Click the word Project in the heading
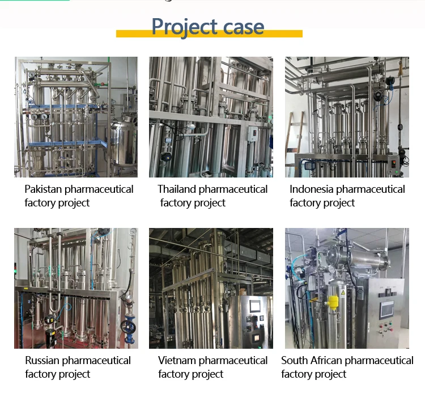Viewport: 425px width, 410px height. (184, 27)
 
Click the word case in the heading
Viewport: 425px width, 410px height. (243, 27)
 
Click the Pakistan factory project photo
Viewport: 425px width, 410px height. (76, 117)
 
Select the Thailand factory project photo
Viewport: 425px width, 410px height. (211, 117)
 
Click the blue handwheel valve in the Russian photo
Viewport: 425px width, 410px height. (127, 327)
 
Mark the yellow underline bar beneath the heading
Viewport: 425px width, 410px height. (209, 35)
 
